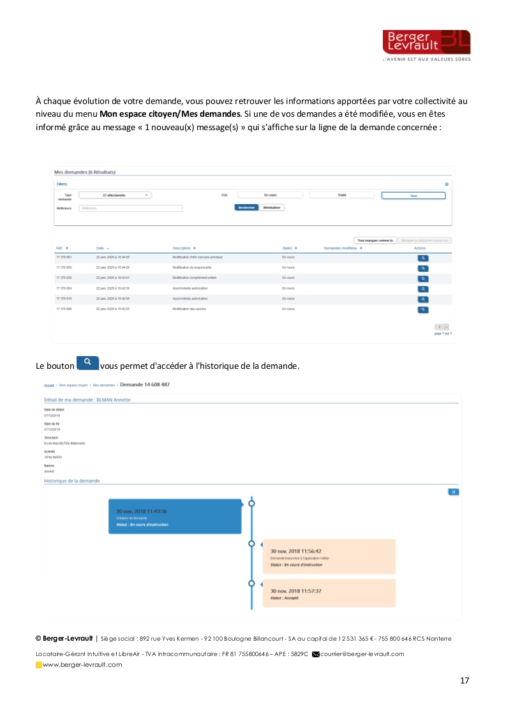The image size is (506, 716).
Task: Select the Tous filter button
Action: [x=413, y=195]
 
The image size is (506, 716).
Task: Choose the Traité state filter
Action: [x=342, y=195]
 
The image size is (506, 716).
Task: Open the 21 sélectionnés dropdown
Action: [x=115, y=195]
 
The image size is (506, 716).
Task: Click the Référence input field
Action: [x=131, y=208]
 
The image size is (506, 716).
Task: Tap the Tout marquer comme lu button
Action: [x=375, y=240]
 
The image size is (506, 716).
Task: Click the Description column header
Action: [x=184, y=248]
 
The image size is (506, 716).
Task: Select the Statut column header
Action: [x=289, y=248]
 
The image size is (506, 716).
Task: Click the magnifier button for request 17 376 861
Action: [x=422, y=258]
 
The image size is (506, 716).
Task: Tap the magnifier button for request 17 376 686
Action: [x=422, y=310]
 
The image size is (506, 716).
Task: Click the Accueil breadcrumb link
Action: [x=48, y=385]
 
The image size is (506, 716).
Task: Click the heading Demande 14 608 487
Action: [x=145, y=385]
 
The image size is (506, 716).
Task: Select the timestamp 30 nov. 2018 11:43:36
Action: [x=142, y=511]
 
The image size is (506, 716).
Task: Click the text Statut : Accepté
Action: [x=285, y=598]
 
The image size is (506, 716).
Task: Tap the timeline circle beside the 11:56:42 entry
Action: [x=251, y=544]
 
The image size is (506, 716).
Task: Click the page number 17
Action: [x=465, y=680]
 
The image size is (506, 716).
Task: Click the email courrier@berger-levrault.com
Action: [x=362, y=654]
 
